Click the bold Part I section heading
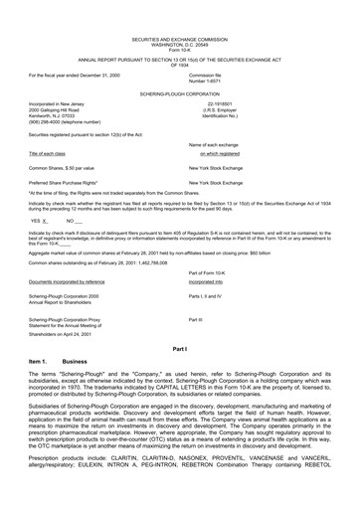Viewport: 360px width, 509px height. [x=180, y=352]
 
